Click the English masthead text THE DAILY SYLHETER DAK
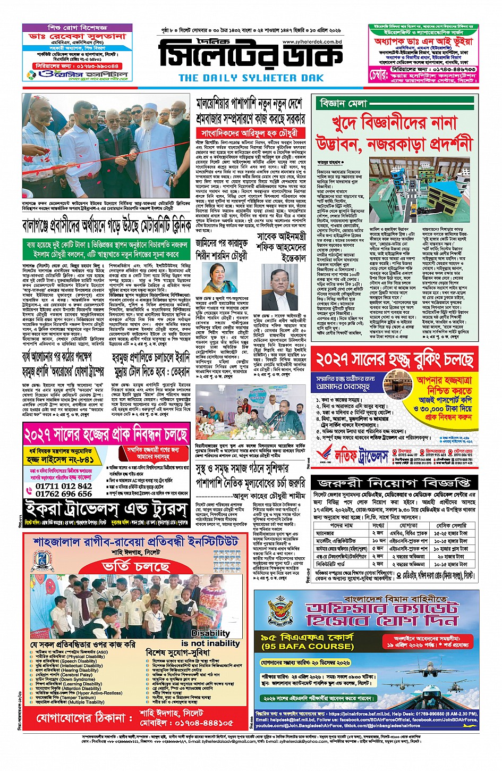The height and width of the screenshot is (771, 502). [251, 78]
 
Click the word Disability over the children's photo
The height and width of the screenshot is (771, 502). [210, 633]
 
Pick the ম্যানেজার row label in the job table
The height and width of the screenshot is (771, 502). [325, 533]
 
